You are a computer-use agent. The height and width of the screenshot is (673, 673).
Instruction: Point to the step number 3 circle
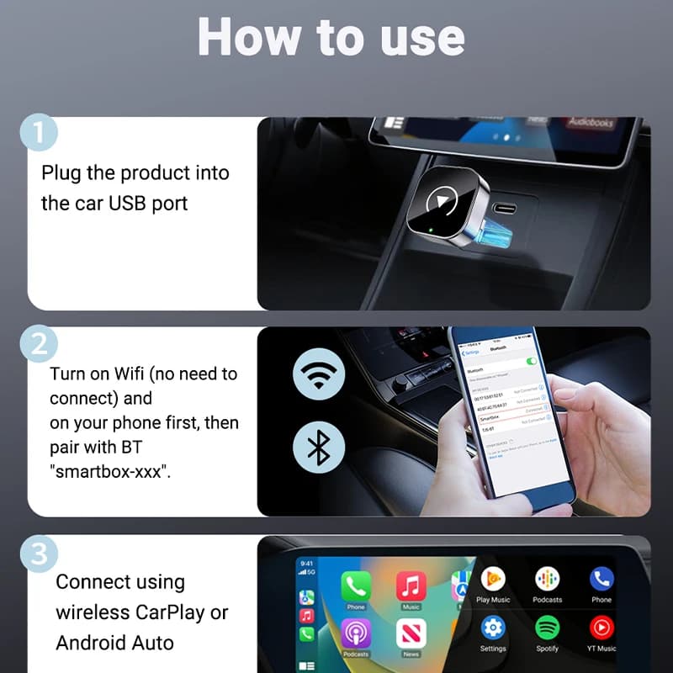(38, 554)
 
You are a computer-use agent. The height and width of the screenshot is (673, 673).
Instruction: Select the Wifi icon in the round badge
(319, 374)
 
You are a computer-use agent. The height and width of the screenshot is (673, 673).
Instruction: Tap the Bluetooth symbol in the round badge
(319, 448)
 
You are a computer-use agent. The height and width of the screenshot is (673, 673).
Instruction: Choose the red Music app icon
(411, 585)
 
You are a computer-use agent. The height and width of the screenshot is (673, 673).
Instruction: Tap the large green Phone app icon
(356, 585)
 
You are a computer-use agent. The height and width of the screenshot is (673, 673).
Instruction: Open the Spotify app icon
(547, 627)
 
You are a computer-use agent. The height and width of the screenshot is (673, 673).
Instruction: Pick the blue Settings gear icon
(493, 627)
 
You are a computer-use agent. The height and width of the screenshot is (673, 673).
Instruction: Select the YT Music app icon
(601, 627)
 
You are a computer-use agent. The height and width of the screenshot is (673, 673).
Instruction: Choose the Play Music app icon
(493, 579)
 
